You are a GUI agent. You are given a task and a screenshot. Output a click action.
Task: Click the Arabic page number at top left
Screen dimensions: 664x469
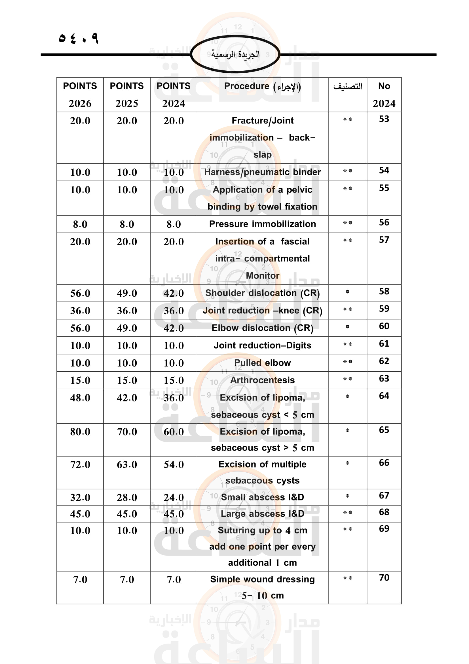(x=79, y=38)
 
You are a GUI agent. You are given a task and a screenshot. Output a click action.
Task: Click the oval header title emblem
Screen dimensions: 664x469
(x=235, y=54)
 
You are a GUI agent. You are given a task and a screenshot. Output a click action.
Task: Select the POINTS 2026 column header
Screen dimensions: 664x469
(x=80, y=95)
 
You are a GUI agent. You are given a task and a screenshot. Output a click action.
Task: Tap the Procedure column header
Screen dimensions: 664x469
(x=262, y=86)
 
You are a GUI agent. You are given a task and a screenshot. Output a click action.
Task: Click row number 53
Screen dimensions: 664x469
(x=384, y=119)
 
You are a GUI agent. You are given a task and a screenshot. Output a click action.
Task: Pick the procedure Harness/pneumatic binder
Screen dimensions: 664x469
(x=262, y=172)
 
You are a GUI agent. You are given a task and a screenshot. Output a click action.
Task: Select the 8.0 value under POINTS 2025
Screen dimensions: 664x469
(x=127, y=224)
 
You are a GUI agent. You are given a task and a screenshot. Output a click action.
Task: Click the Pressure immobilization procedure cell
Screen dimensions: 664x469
(x=262, y=224)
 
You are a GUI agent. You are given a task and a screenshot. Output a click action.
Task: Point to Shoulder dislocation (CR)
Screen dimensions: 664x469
(x=262, y=293)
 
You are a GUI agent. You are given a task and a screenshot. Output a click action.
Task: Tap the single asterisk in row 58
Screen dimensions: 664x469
(x=347, y=292)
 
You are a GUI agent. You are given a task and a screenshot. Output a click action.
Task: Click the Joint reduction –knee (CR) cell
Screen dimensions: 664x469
(x=262, y=310)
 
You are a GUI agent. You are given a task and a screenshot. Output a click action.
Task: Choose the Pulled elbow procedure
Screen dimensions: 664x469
(x=262, y=363)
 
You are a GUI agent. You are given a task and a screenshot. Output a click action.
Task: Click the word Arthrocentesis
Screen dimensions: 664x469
(x=262, y=380)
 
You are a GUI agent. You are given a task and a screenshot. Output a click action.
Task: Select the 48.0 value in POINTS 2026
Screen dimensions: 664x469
(x=80, y=398)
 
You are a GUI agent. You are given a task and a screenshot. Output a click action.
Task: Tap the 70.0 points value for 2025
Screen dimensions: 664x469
(x=127, y=432)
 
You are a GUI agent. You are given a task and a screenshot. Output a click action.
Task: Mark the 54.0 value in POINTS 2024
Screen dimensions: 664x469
(x=174, y=465)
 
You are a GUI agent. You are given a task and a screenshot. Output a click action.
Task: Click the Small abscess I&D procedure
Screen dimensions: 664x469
(x=262, y=497)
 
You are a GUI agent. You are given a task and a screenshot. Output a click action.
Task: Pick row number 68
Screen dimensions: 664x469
(x=384, y=512)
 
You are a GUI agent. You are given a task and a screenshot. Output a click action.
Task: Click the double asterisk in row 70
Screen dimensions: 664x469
(x=347, y=578)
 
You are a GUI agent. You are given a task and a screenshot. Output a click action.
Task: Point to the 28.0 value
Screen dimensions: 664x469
(x=127, y=497)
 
